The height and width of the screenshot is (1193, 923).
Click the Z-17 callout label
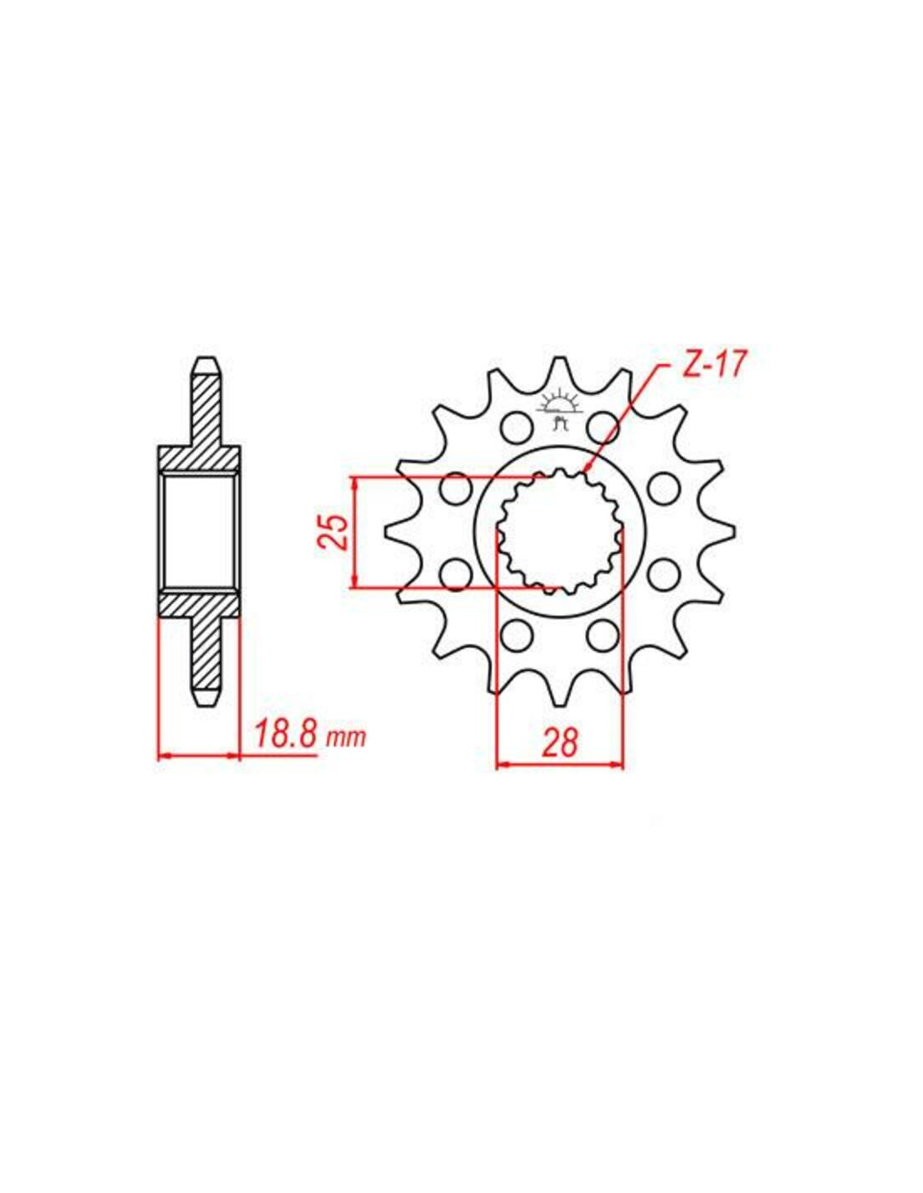[x=713, y=366]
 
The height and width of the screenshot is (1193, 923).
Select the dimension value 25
[x=332, y=532]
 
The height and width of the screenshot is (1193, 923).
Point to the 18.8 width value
[x=285, y=737]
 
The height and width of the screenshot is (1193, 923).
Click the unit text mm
[x=346, y=740]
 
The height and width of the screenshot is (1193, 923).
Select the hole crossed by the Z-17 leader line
[x=603, y=426]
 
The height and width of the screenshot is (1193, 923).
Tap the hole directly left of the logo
[x=517, y=426]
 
